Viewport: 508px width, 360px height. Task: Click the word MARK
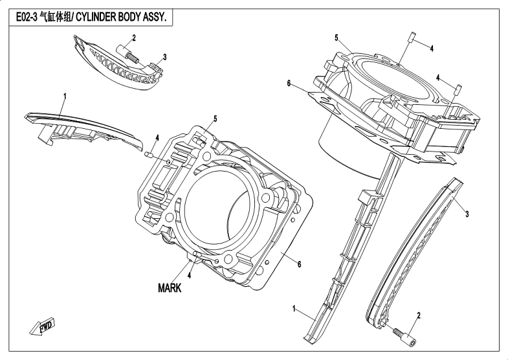click(x=170, y=289)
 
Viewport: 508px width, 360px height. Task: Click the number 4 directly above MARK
click(x=189, y=275)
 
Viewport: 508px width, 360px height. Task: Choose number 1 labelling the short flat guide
click(x=64, y=96)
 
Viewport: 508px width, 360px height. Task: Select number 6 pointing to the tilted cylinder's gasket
click(x=289, y=83)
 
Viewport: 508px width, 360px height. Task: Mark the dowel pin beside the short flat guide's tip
click(x=148, y=154)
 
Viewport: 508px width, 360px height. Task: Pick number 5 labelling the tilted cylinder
click(x=337, y=38)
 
